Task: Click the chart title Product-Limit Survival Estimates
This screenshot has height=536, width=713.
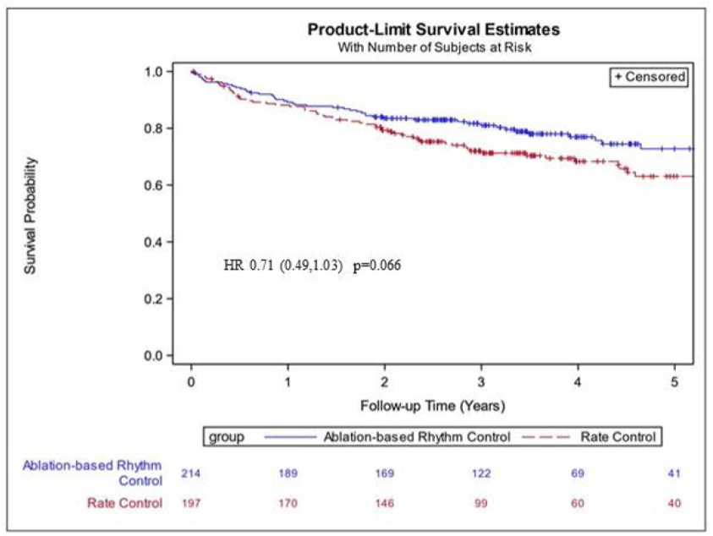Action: [x=433, y=30]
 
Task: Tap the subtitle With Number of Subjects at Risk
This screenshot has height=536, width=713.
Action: [x=433, y=47]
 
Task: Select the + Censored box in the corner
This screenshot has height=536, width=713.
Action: [x=649, y=76]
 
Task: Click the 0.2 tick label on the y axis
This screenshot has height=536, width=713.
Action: [x=154, y=299]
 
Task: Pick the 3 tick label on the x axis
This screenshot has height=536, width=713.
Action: [x=481, y=381]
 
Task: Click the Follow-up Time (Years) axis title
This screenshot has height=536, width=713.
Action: [x=433, y=406]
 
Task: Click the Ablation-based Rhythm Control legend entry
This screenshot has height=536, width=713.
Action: [x=417, y=437]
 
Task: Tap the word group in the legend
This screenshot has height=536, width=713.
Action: [x=228, y=437]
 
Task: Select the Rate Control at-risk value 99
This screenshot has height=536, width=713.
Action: [x=481, y=504]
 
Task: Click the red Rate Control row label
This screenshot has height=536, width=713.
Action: [x=125, y=504]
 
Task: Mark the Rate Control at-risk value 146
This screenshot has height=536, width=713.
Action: [x=385, y=504]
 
